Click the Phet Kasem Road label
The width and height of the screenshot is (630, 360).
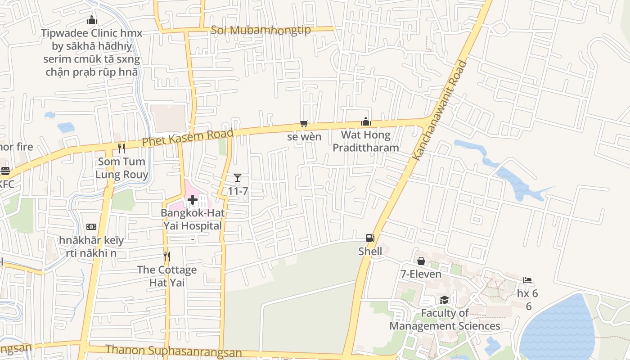188,137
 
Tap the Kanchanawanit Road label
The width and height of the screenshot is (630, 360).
440,110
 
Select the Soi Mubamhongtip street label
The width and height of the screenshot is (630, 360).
261,30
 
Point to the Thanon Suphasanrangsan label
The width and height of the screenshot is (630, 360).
174,351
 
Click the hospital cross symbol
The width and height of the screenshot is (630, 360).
193,200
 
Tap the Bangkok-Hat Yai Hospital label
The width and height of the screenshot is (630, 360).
193,219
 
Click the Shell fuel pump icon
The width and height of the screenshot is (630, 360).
370,238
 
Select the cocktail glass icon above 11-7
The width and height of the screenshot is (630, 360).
238,178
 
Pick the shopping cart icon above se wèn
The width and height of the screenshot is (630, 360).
304,123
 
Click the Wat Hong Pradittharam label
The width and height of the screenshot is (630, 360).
365,141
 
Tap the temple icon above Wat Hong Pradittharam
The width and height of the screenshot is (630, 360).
366,121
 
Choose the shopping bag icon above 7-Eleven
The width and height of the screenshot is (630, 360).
421,261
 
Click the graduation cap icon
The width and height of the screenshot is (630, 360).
444,300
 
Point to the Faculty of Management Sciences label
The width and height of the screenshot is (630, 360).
445,319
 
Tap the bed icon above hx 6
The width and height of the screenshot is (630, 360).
527,280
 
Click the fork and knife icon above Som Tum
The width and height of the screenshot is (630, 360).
121,148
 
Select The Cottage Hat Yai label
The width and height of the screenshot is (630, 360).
167,276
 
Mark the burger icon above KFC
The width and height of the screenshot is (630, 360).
5,171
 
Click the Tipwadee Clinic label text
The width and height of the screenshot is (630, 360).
92,52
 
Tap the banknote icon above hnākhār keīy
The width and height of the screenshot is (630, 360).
91,227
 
